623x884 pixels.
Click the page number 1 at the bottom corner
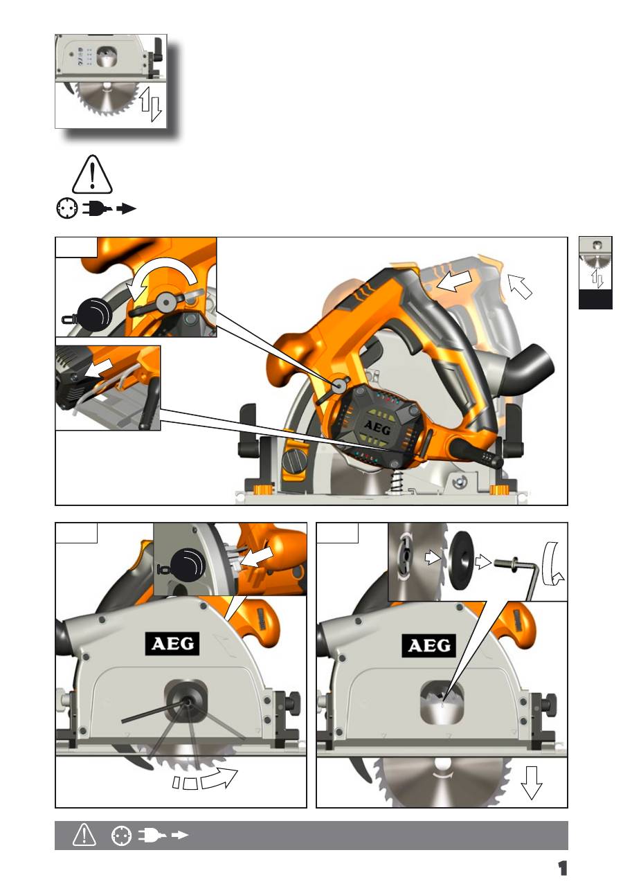[562, 868]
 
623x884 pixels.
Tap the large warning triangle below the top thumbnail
[92, 174]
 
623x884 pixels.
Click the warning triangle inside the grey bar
[84, 835]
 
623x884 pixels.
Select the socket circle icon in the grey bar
[122, 836]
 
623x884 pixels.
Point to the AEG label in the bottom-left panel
[172, 644]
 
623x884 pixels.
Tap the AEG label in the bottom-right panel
[429, 646]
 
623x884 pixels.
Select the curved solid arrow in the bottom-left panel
[219, 778]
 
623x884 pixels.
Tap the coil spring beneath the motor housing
[396, 482]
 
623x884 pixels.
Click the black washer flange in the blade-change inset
[462, 560]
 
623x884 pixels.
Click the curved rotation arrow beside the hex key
[552, 564]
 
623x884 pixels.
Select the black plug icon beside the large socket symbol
[97, 208]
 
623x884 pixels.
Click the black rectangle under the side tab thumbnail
[595, 299]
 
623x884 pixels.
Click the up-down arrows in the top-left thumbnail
[150, 104]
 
